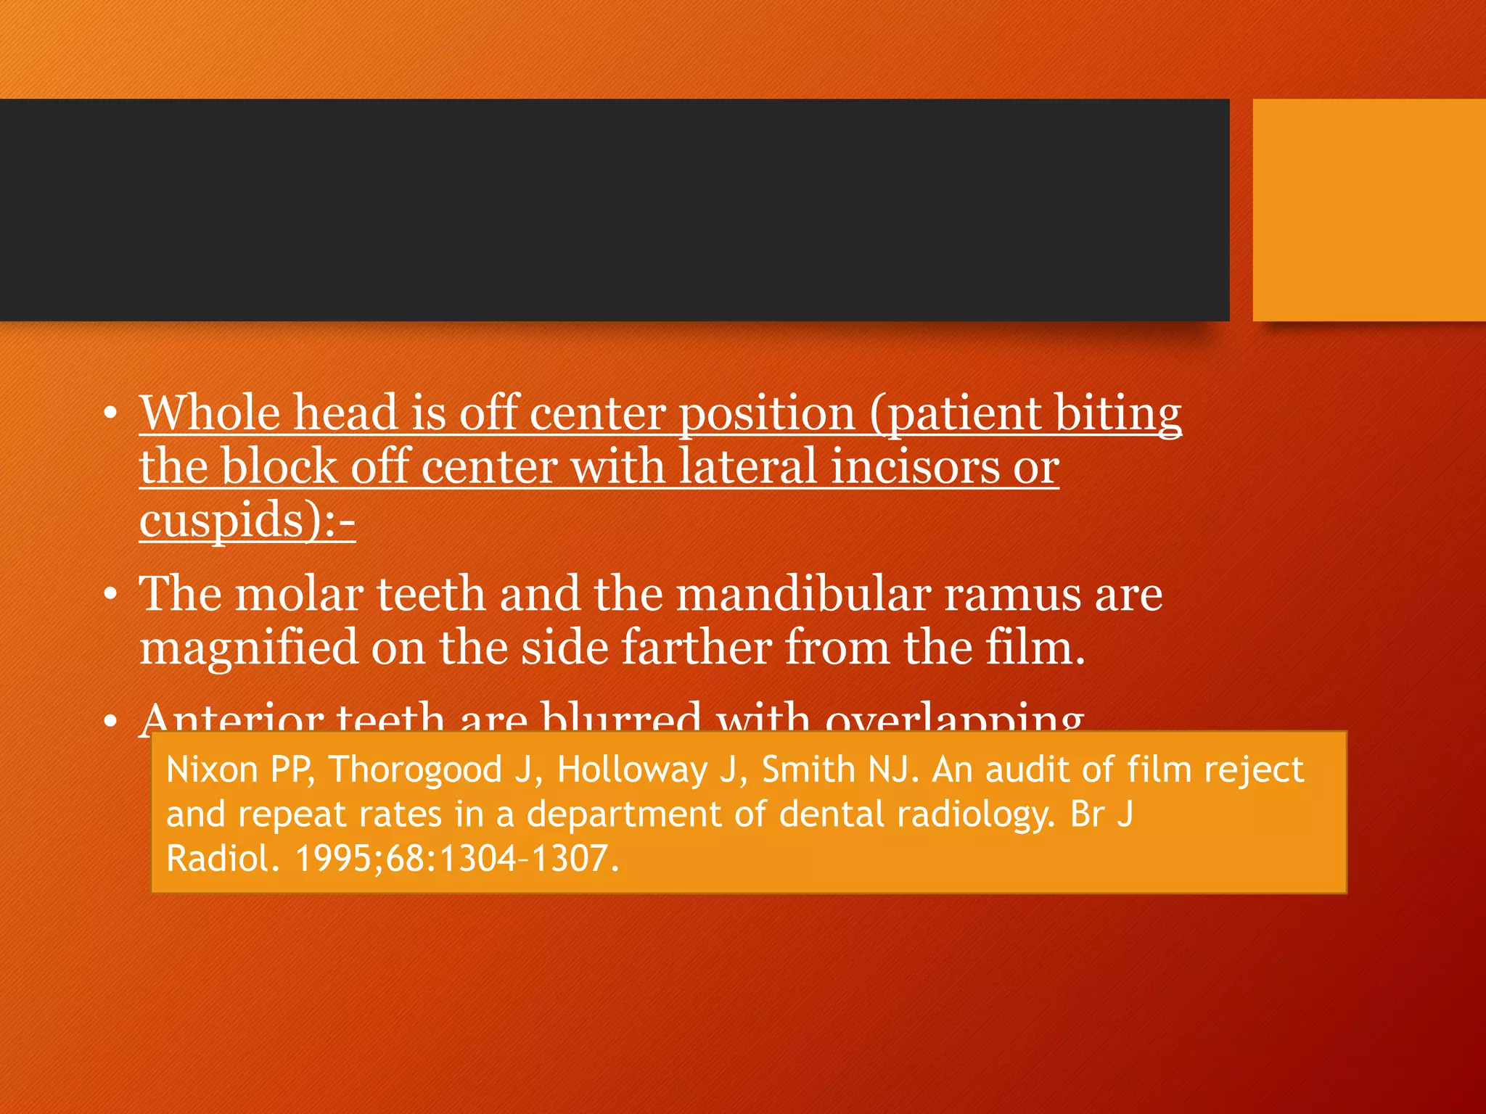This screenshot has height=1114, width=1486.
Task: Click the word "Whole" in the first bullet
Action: click(x=209, y=413)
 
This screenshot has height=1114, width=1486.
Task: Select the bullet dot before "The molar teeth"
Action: click(x=110, y=595)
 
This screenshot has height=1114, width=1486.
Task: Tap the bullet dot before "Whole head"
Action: click(x=110, y=414)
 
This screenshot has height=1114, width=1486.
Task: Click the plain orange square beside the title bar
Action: click(x=1368, y=210)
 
